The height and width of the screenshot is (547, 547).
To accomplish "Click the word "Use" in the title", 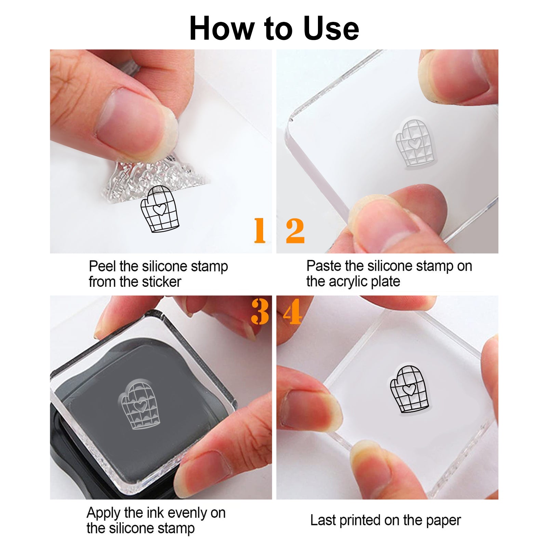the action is (x=331, y=28).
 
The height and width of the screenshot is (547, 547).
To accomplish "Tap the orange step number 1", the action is (x=260, y=230).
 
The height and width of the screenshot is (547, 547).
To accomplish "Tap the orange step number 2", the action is (x=295, y=231).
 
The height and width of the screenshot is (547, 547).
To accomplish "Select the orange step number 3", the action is (x=260, y=311).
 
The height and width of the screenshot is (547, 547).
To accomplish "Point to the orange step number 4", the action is (x=292, y=311).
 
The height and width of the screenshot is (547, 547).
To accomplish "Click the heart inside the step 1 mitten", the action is (x=160, y=209).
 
